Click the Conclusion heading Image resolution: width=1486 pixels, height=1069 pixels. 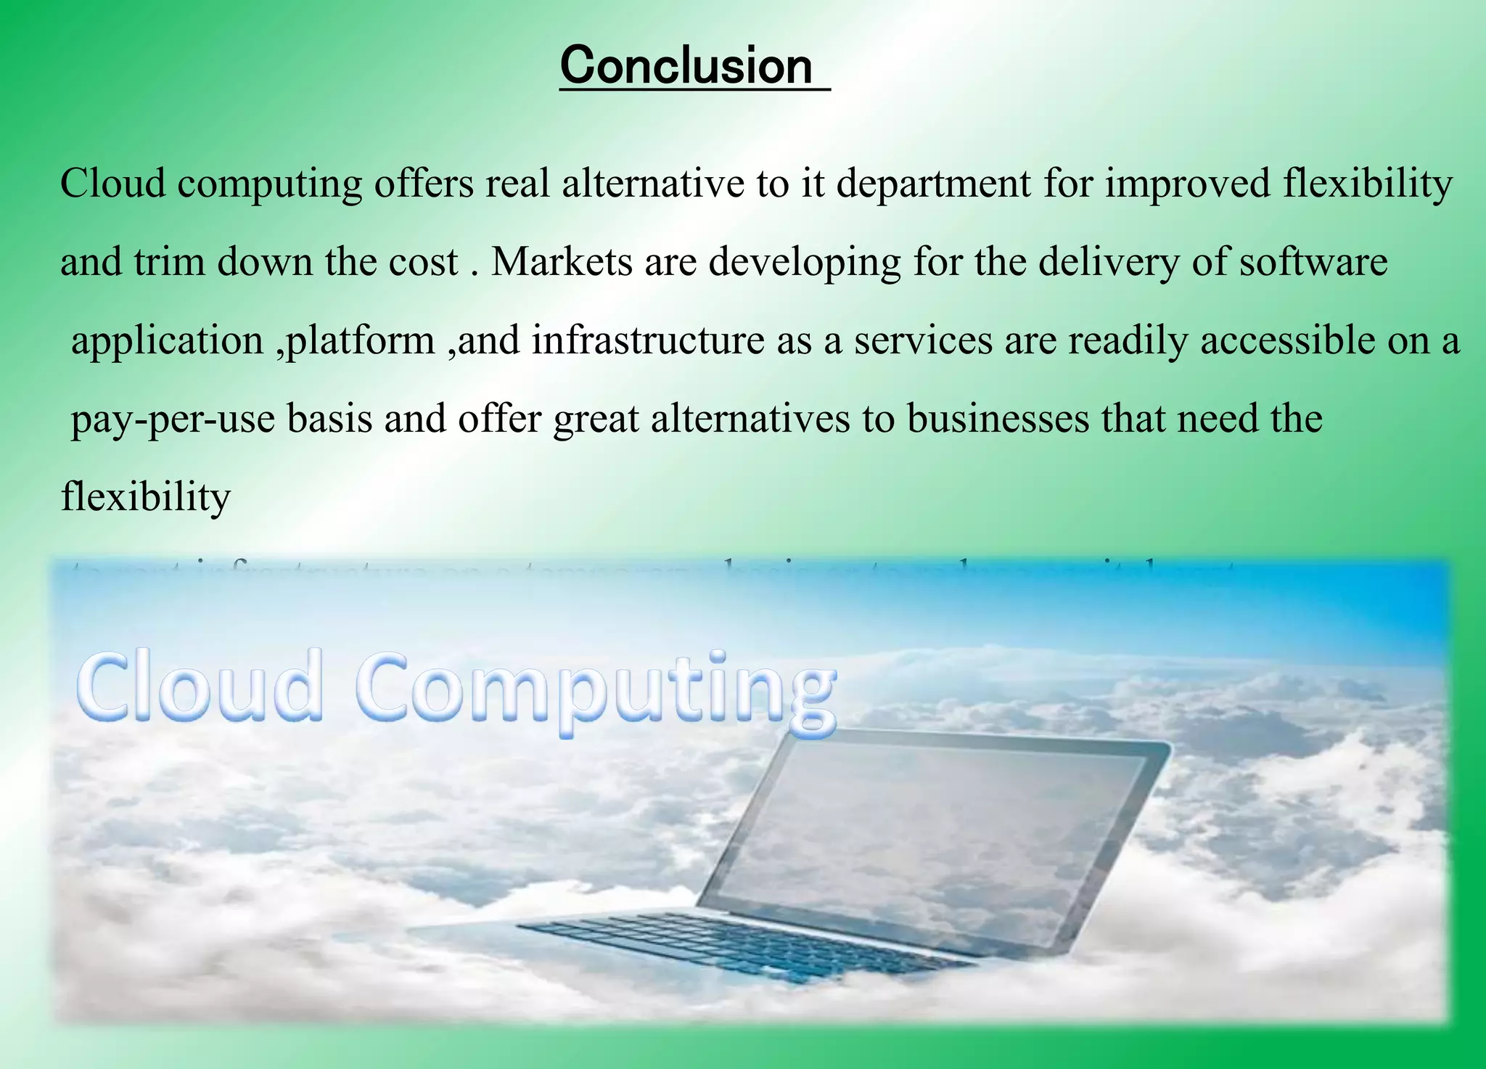click(x=686, y=66)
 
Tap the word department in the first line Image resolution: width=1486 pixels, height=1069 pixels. click(x=933, y=184)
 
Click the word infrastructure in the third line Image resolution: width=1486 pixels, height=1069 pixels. click(x=648, y=340)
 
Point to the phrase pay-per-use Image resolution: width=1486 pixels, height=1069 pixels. click(x=173, y=419)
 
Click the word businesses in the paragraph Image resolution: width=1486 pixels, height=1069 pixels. click(x=998, y=419)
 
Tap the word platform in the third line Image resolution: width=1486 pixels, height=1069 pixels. click(x=361, y=340)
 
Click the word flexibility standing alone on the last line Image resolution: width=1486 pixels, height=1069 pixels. click(x=146, y=498)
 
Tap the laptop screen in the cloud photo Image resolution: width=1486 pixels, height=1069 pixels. click(x=936, y=842)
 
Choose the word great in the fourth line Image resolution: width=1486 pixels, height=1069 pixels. click(x=596, y=419)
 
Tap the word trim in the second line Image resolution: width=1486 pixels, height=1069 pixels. click(x=170, y=262)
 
